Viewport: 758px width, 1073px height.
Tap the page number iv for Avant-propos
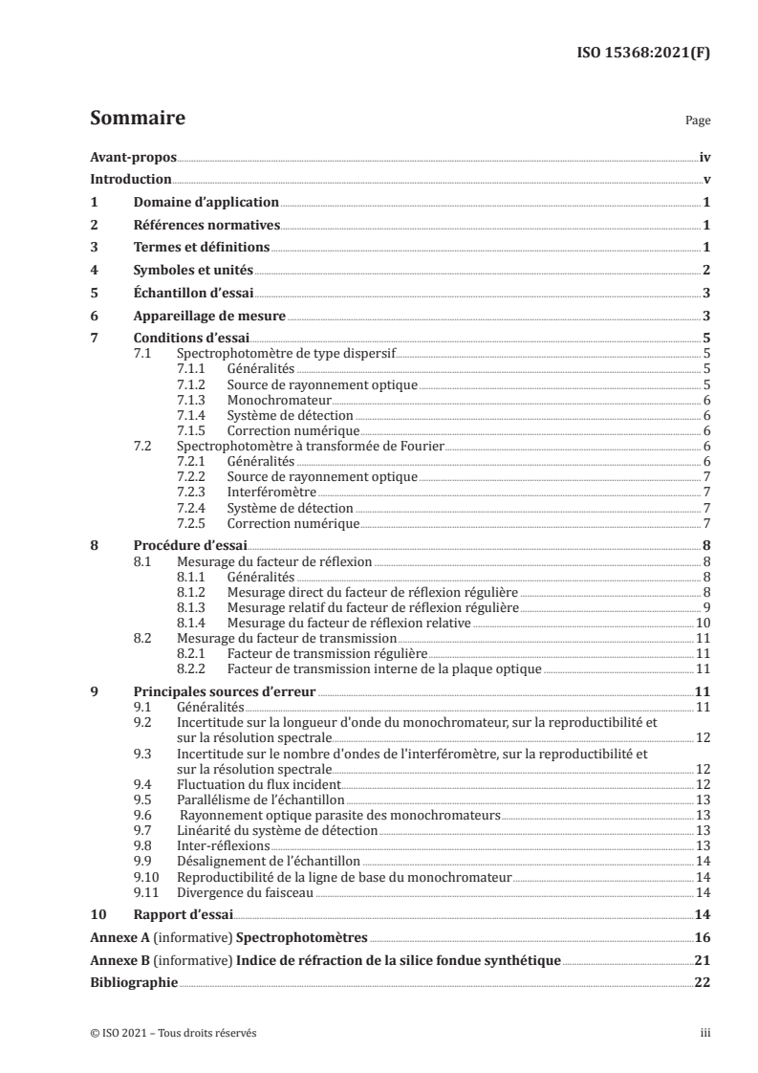704,157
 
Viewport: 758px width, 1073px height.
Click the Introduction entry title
131,180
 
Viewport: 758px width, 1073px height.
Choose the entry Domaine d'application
206,202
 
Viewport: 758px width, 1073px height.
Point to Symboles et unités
192,271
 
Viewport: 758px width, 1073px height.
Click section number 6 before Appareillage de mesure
94,316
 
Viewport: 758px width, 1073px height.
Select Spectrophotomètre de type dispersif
287,353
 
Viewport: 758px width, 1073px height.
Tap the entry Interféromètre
271,492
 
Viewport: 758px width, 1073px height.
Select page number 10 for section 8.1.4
702,622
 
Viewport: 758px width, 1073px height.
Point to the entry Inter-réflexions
224,845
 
